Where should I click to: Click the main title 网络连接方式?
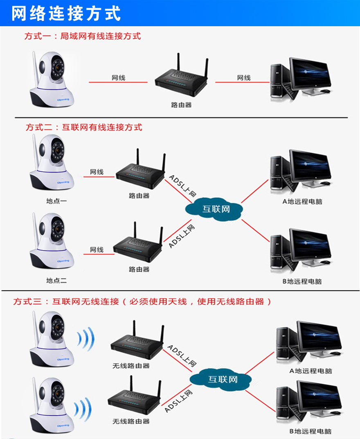66,13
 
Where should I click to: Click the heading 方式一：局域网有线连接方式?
83,36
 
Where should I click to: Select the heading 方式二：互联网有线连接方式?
84,127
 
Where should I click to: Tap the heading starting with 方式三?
142,301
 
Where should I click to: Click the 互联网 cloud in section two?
214,208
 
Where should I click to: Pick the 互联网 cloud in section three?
220,379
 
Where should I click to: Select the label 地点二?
56,281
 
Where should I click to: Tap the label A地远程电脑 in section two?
302,201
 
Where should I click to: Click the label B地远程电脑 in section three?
310,432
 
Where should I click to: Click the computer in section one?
301,79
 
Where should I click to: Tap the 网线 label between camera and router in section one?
118,78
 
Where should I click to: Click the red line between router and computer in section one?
242,82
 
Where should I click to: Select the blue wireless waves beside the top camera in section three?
86,339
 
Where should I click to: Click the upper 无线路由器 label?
131,366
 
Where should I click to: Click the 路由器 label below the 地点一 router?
139,196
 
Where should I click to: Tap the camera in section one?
52,79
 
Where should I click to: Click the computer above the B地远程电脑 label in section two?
301,251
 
